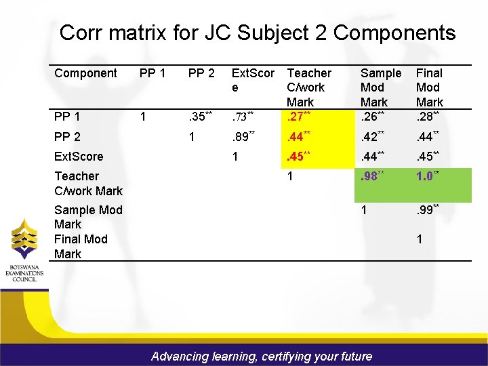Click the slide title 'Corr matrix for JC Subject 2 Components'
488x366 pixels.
click(258, 33)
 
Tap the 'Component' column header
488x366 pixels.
click(85, 73)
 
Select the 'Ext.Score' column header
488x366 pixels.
click(253, 80)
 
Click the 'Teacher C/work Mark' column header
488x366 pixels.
click(309, 87)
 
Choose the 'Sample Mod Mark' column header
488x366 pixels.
click(380, 87)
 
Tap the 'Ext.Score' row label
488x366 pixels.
click(79, 157)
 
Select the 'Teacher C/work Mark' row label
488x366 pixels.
click(88, 183)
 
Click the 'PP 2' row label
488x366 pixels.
click(67, 136)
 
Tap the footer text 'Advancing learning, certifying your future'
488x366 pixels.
click(262, 356)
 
